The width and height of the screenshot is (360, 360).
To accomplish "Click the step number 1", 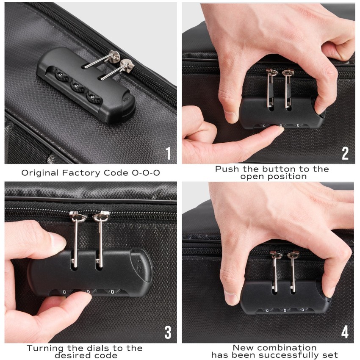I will pos(168,153).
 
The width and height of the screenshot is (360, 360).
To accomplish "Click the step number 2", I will pos(345,153).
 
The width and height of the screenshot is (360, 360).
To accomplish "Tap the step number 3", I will pos(168,332).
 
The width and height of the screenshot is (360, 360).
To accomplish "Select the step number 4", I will pos(345,332).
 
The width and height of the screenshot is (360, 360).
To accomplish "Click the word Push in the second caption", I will pos(225,169).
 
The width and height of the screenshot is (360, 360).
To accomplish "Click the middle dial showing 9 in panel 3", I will pos(88,292).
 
